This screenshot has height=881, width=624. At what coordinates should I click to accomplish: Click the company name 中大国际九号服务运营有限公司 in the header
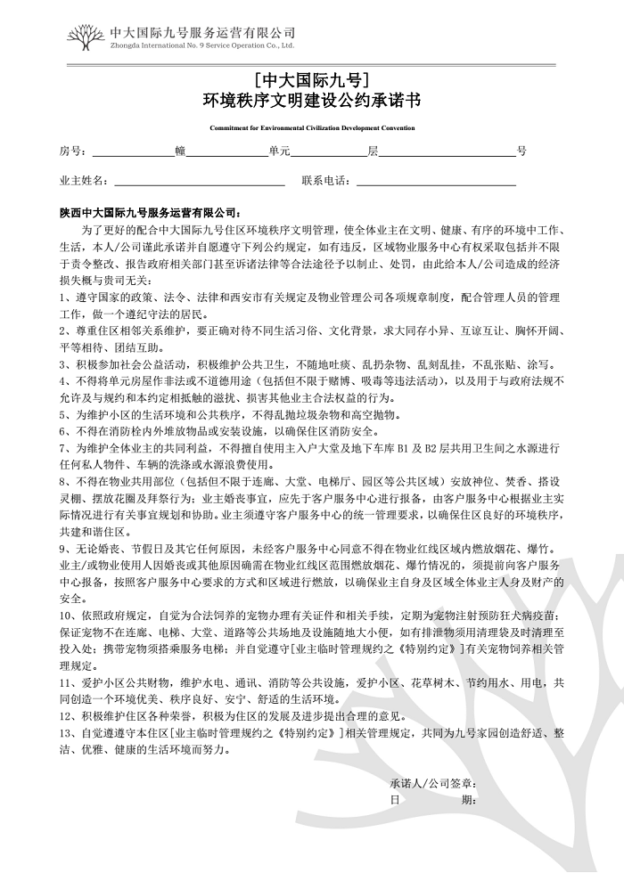(201, 31)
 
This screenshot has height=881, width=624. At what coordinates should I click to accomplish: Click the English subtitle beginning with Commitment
(311, 127)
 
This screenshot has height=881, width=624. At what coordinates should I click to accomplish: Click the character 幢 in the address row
(181, 151)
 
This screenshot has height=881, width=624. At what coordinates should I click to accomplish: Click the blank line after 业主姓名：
(198, 183)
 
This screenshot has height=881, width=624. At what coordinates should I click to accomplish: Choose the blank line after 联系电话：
(436, 183)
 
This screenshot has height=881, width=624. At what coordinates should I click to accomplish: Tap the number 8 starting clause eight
(62, 481)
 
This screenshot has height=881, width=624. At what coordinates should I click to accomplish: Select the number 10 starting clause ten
(65, 616)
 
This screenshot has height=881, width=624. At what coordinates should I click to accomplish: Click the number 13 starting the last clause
(65, 733)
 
